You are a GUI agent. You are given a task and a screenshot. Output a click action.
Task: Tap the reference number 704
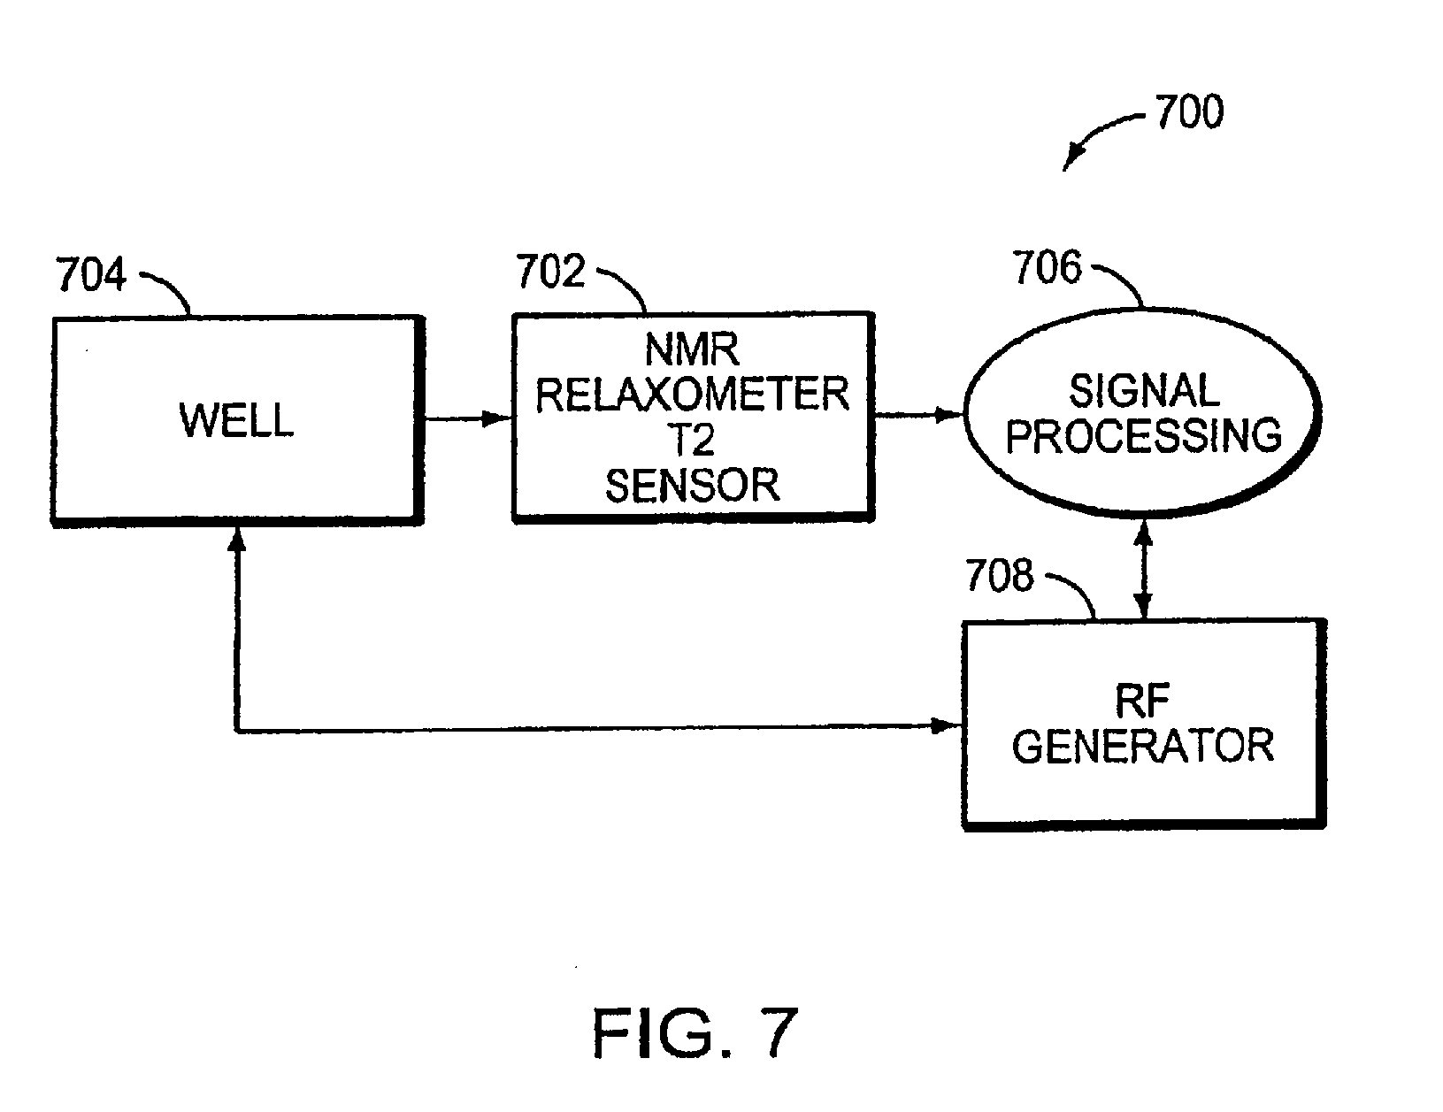91,274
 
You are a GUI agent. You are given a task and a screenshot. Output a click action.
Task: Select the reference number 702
550,271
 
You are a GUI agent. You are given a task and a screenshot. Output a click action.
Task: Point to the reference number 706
1047,267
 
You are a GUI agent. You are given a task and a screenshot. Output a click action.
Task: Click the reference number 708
1000,575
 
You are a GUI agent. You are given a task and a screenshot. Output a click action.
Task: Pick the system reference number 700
1189,111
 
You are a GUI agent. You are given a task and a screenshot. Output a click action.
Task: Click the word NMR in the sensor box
692,349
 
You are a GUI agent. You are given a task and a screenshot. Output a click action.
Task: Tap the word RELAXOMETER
692,395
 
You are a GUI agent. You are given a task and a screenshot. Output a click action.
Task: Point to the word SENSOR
692,486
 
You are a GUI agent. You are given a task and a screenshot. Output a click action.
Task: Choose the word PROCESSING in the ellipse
1143,435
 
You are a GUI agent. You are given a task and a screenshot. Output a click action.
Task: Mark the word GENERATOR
1142,747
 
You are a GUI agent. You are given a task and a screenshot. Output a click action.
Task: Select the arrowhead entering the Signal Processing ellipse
949,415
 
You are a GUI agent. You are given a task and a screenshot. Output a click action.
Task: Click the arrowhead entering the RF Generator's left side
947,725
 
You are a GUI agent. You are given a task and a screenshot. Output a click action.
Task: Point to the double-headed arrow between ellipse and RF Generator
1143,570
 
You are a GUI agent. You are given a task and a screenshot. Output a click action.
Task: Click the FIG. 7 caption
695,1032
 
